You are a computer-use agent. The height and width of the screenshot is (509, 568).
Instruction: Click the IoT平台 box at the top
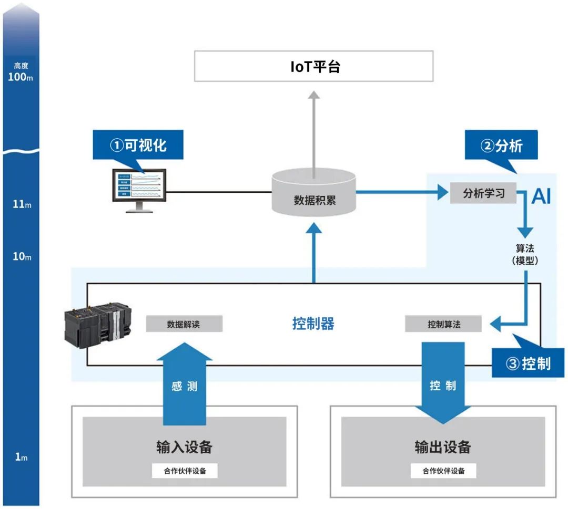313,66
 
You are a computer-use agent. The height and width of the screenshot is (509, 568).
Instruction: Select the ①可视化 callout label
138,145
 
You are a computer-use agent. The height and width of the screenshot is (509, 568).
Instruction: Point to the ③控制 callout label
528,363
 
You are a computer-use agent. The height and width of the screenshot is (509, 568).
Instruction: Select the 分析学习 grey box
483,193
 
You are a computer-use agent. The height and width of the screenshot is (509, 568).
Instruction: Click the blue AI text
541,196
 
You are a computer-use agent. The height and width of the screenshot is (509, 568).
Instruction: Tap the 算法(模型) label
525,254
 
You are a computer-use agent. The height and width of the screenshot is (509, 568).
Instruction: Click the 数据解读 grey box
184,324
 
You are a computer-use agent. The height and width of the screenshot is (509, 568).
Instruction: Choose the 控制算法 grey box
443,324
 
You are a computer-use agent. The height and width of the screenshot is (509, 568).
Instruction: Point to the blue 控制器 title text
313,324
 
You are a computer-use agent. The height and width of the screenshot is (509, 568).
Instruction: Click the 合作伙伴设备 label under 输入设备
184,471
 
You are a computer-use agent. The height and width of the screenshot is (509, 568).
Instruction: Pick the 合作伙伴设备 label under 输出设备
443,471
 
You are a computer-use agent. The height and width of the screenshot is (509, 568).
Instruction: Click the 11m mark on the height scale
21,204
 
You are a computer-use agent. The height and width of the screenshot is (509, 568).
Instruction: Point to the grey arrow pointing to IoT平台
313,131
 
